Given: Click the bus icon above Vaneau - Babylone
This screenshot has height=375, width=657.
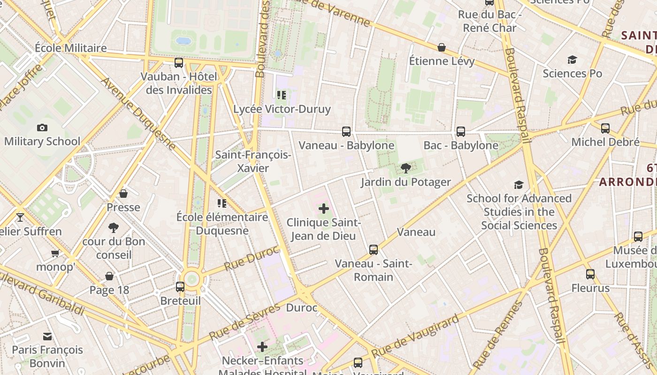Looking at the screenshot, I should tap(346, 132).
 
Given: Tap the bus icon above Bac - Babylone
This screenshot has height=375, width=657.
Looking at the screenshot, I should tap(461, 132).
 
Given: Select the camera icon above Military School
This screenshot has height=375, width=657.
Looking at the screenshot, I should tap(42, 127).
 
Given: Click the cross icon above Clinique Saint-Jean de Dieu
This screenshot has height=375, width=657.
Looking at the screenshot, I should tap(324, 209).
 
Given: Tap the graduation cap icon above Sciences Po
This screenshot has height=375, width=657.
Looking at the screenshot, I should tap(572, 60).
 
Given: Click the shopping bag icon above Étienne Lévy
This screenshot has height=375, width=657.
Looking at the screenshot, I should tap(442, 47).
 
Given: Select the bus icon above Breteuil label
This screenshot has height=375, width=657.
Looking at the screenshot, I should tap(180, 287).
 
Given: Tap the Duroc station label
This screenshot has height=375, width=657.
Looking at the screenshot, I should tap(302, 308).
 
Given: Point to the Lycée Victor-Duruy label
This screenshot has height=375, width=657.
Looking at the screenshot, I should tap(282, 109).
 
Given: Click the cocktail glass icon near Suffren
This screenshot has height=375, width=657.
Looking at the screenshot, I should tap(20, 217).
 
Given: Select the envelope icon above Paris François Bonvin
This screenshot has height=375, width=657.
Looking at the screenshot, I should tap(47, 336).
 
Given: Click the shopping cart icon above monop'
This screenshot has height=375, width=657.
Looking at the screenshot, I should tap(55, 254).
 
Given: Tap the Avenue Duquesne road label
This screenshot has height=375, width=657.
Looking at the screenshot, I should tap(138, 115).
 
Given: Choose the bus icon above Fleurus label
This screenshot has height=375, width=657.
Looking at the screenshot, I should tap(590, 274).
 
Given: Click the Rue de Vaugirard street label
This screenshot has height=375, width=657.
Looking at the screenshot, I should tap(415, 336).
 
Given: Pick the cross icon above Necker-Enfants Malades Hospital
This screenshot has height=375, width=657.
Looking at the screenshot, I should tap(262, 347).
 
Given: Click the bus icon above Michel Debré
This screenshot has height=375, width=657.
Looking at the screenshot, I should tap(605, 128).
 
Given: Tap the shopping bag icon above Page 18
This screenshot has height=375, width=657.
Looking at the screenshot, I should tap(109, 277).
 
